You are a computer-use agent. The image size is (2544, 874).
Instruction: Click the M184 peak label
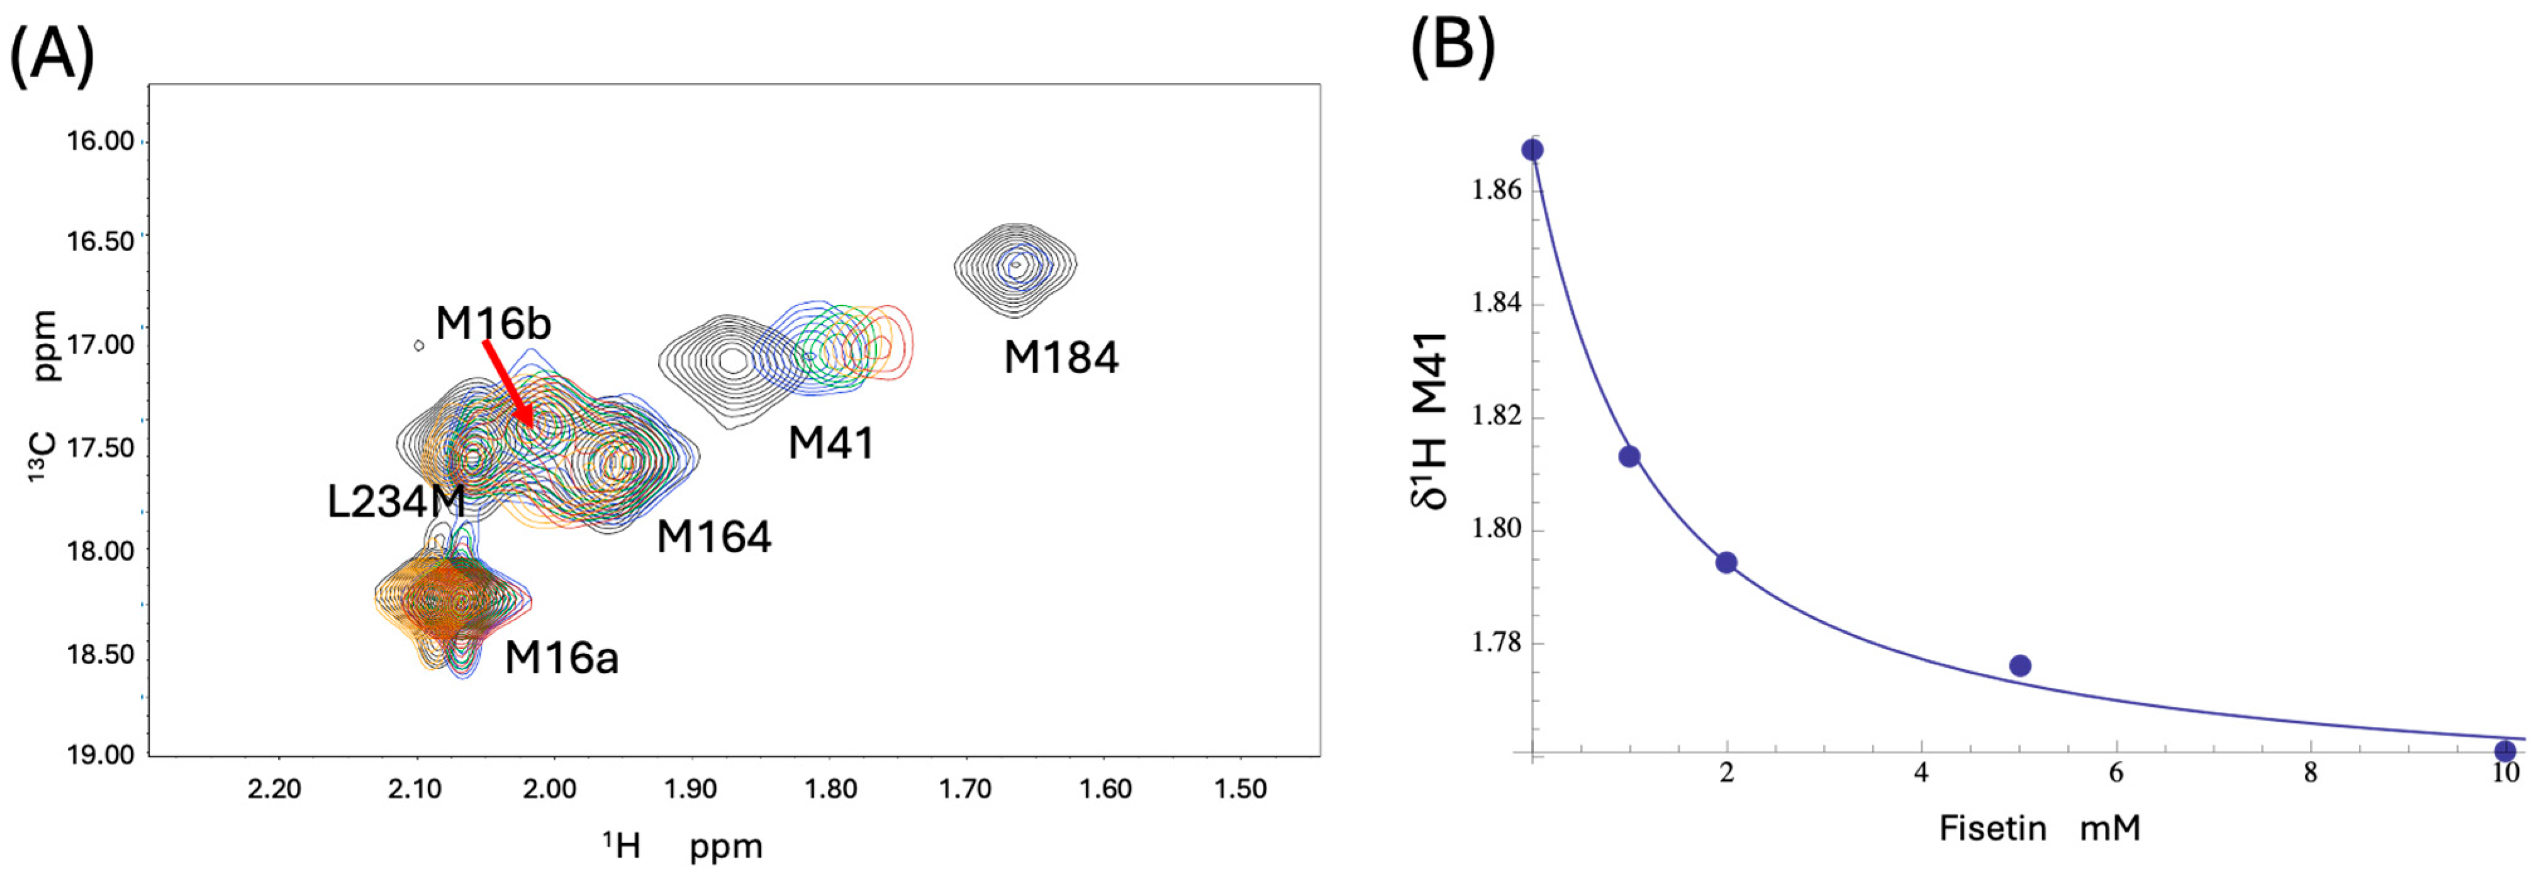click(1061, 358)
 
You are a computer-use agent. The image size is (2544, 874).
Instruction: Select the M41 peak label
click(830, 443)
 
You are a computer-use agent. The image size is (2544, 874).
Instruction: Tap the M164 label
click(713, 537)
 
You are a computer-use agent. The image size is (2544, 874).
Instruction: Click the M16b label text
click(493, 323)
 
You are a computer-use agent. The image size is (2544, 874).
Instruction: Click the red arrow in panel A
click(508, 385)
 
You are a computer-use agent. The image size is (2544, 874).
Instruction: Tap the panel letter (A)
click(52, 54)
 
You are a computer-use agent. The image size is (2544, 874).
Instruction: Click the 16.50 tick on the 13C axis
click(100, 242)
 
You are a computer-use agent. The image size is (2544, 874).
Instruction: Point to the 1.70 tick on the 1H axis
click(964, 789)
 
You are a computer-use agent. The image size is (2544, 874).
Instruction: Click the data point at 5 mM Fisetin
click(2019, 666)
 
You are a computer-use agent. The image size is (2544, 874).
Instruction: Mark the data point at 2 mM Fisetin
click(1726, 563)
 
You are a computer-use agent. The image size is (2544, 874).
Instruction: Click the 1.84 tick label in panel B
click(1496, 303)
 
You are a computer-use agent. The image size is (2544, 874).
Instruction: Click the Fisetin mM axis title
click(2039, 827)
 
